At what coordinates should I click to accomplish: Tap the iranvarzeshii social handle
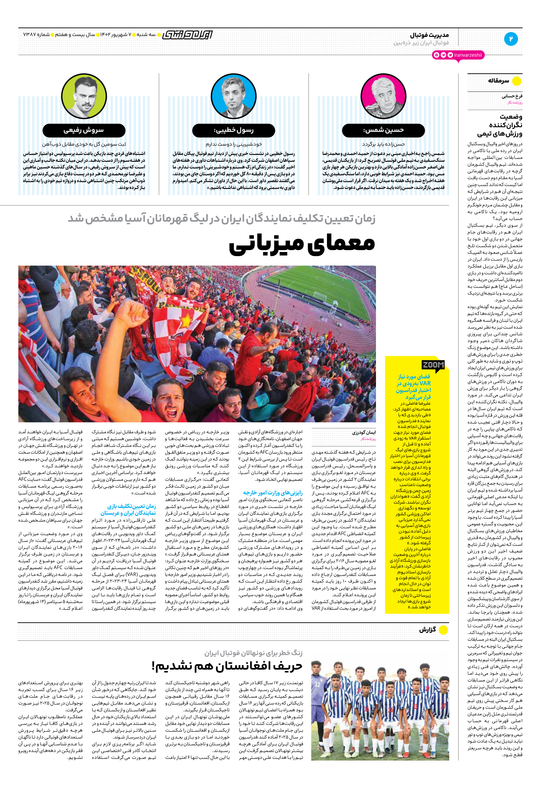tap(467, 55)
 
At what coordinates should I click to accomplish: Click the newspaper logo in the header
tap(187, 35)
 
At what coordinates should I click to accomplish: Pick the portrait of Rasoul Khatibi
tap(233, 96)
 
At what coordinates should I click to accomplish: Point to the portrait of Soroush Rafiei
tap(84, 96)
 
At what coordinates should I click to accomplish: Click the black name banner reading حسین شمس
tap(383, 130)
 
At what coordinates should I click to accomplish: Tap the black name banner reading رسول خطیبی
tap(233, 130)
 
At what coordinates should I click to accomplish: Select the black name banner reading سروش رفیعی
tap(84, 130)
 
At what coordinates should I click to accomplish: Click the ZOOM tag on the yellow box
tap(433, 365)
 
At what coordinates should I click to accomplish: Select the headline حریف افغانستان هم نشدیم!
tap(227, 666)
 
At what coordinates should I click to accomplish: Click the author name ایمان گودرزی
tap(364, 432)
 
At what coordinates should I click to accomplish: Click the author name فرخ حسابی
tap(512, 96)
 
